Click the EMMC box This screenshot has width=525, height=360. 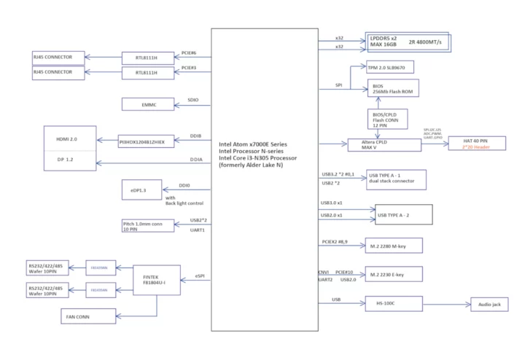[149, 105]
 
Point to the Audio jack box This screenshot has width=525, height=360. [489, 305]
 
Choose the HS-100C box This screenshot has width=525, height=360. [394, 304]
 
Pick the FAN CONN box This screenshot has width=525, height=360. [87, 316]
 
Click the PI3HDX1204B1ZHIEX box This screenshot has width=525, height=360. [147, 141]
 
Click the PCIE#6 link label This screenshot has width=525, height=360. [189, 52]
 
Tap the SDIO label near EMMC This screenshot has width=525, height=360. [193, 100]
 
